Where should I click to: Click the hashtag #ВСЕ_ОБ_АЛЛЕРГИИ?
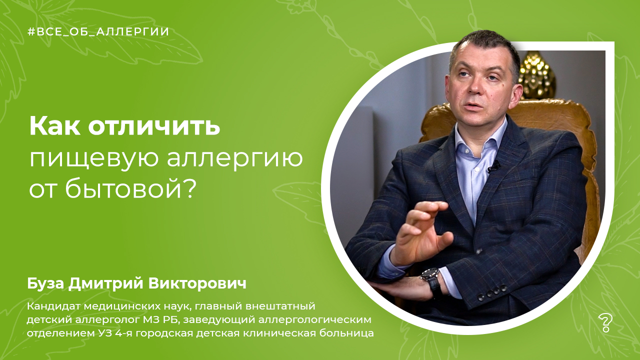tap(98, 32)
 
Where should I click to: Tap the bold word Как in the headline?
tap(55, 126)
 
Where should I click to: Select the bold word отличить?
tap(154, 126)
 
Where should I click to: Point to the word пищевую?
tap(94, 159)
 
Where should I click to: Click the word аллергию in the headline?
tap(235, 159)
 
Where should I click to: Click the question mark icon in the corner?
tap(605, 323)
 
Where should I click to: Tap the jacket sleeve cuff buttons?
tap(492, 292)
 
